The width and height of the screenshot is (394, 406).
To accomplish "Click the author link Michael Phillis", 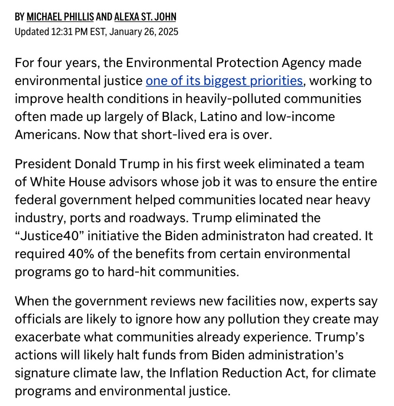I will (x=60, y=17).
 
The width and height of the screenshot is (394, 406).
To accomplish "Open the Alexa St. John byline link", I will (x=145, y=17).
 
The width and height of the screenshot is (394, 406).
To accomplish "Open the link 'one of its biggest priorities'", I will (x=224, y=80).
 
